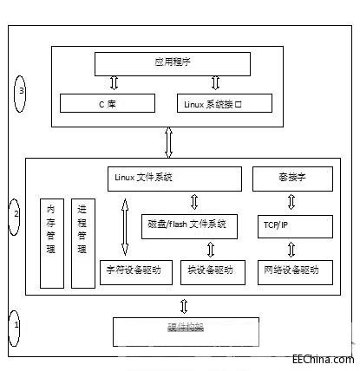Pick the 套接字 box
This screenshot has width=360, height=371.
(x=292, y=179)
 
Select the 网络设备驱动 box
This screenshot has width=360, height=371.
(x=294, y=270)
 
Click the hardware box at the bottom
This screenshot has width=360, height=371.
(x=186, y=330)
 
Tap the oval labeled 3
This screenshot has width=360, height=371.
(x=23, y=90)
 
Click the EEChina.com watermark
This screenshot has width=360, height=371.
(x=323, y=359)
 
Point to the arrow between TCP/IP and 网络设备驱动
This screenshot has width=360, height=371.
(x=292, y=249)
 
